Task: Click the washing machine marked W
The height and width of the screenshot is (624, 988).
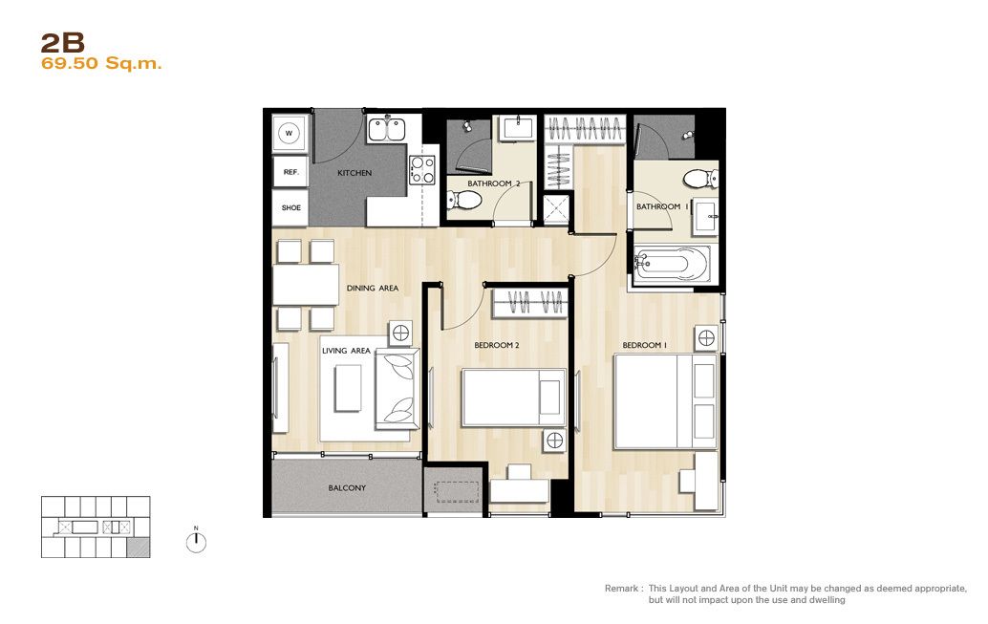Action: tap(290, 133)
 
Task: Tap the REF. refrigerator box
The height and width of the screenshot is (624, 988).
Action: tap(290, 172)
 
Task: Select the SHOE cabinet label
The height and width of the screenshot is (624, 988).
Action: tap(291, 207)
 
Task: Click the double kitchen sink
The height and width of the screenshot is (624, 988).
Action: tap(386, 130)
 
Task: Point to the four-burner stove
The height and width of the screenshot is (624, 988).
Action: tap(422, 170)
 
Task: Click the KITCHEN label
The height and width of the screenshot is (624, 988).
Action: tap(354, 173)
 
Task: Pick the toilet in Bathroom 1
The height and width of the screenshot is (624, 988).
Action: tap(700, 179)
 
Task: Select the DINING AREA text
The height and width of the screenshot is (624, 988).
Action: tap(373, 288)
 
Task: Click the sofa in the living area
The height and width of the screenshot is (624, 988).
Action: tap(397, 388)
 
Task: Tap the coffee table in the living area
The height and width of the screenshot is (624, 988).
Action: tap(348, 388)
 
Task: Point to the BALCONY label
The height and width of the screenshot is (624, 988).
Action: tap(347, 488)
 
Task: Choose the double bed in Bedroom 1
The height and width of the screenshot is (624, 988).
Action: tap(666, 401)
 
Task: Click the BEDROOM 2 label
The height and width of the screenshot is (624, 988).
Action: tap(497, 345)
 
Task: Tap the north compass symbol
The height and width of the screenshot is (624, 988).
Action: tap(196, 542)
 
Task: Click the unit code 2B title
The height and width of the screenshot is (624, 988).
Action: tap(62, 43)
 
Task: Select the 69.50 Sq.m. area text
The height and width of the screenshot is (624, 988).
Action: tap(101, 64)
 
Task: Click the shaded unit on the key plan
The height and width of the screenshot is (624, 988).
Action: tap(139, 549)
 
